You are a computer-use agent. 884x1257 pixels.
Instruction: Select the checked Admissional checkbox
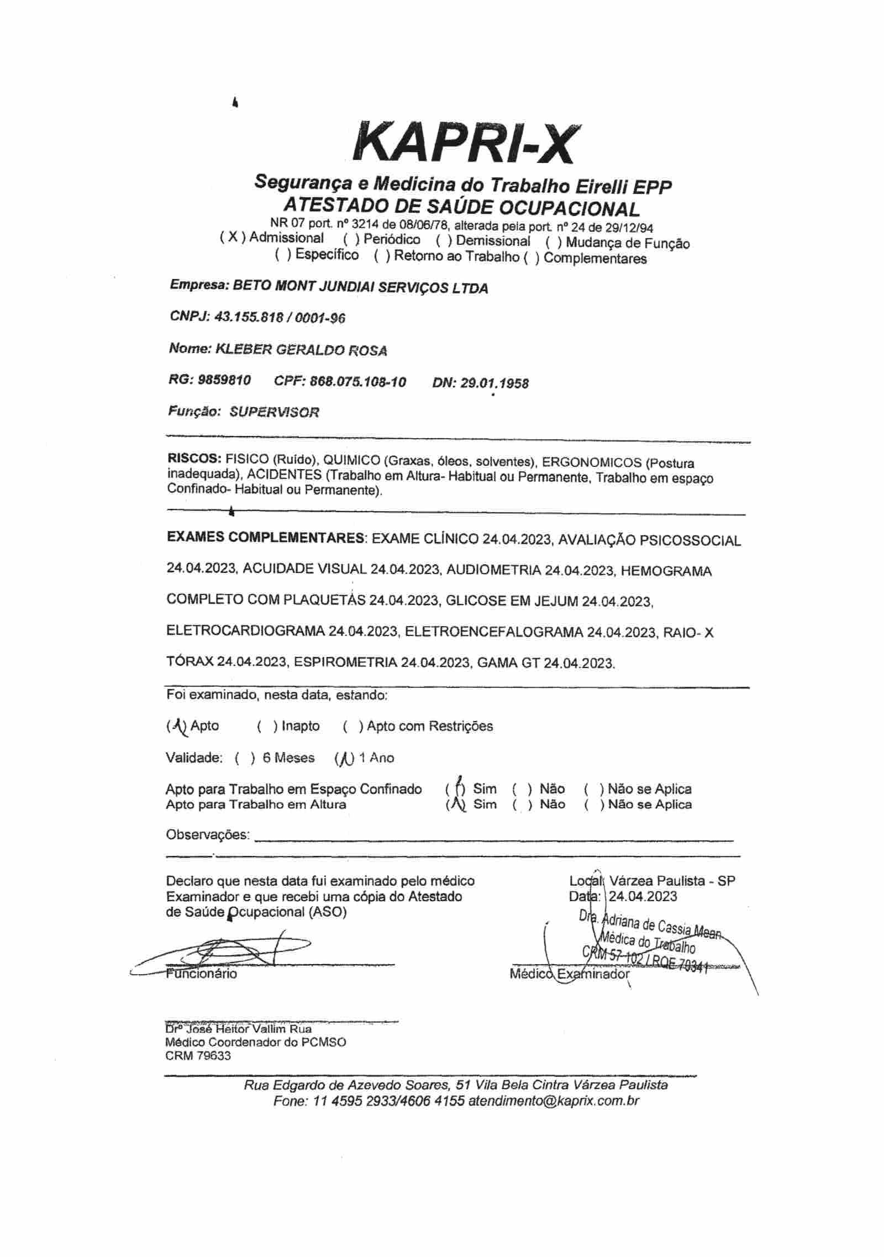(x=233, y=238)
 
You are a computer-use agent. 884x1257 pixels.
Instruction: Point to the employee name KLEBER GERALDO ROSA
(x=301, y=350)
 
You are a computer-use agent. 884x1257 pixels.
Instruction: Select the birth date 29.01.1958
(x=494, y=383)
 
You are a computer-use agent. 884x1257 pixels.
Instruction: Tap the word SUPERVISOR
(x=274, y=412)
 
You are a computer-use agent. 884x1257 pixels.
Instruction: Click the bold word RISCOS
(x=194, y=458)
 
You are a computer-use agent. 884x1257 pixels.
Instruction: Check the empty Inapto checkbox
(x=267, y=726)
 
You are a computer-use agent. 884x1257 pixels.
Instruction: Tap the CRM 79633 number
(x=198, y=1056)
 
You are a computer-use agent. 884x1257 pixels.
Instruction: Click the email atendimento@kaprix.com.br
(x=554, y=1101)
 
